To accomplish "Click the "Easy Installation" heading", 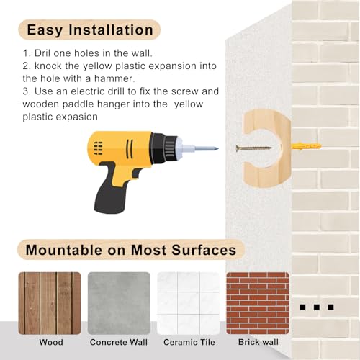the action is point(90,30).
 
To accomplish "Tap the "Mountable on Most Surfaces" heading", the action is point(131,250).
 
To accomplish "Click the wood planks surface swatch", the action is point(50,303).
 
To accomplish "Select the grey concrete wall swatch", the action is point(119,303).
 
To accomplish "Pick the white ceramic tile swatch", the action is point(189,303).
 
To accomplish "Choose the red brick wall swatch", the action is point(258,303).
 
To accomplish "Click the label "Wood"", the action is point(51,342).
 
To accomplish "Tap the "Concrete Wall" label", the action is point(119,342).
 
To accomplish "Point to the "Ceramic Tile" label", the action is point(189,342).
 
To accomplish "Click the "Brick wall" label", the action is point(258,342).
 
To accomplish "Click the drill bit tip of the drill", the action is point(218,148).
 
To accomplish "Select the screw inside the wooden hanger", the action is point(253,148).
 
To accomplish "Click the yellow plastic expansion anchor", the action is point(306,146).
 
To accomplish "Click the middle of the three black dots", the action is point(317,307).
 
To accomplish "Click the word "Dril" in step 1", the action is point(42,53).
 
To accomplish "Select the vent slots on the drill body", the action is point(98,148).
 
